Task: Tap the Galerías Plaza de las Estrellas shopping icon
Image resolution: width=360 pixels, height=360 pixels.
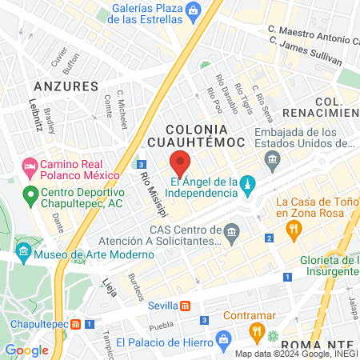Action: (193, 10)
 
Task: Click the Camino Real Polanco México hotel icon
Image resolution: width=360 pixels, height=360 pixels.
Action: (30, 169)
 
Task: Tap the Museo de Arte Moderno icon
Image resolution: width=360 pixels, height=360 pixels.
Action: (23, 256)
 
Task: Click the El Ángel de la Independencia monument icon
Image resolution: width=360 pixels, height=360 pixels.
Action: (248, 185)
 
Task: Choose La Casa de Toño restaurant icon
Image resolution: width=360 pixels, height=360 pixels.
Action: (294, 230)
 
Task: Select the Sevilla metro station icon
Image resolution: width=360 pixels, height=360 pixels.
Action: (185, 306)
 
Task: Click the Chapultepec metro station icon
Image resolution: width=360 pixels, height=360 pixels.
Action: (76, 325)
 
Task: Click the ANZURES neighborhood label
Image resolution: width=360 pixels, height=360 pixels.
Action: (66, 86)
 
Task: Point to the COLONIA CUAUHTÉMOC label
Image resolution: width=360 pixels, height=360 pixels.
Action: (207, 135)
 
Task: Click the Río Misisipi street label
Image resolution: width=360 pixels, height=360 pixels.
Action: (153, 194)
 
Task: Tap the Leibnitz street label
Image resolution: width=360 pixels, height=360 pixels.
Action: (35, 113)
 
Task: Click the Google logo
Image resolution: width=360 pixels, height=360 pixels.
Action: (26, 350)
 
